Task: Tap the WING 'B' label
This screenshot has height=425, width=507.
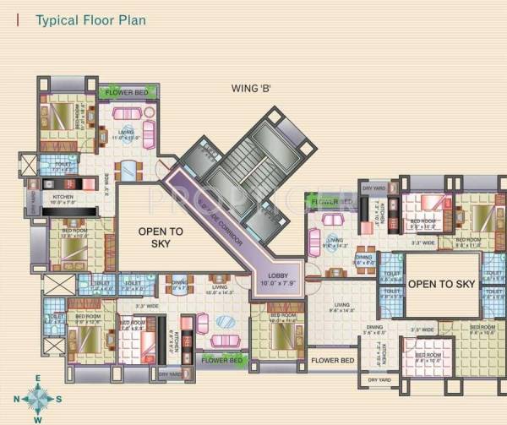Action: pyautogui.click(x=252, y=88)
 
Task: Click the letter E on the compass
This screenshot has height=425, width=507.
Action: pyautogui.click(x=36, y=379)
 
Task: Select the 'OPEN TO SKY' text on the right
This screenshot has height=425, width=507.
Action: pyautogui.click(x=442, y=285)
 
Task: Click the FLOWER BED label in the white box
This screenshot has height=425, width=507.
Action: pyautogui.click(x=332, y=361)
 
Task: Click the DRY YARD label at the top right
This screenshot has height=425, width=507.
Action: pyautogui.click(x=373, y=188)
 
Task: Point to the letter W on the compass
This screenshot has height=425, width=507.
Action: pyautogui.click(x=36, y=418)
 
